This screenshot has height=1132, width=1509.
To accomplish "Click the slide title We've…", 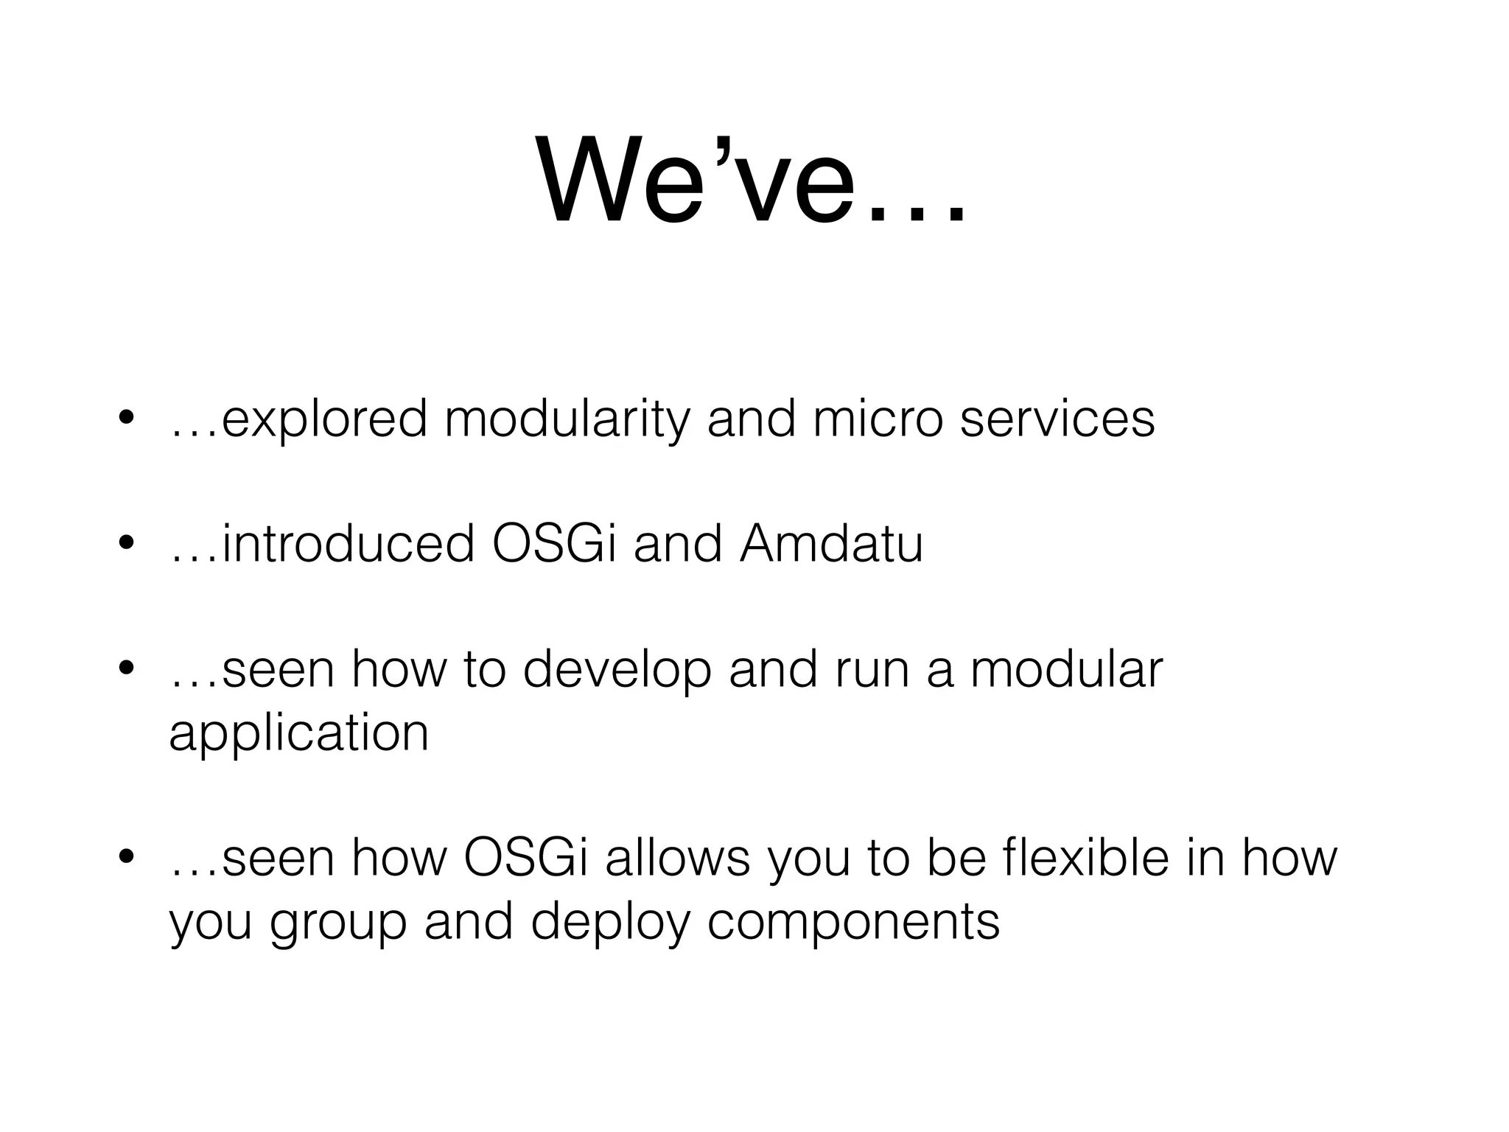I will (752, 181).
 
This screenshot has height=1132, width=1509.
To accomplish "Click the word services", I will (1057, 419).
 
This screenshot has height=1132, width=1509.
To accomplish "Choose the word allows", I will (677, 858).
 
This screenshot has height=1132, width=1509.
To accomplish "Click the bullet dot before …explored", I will (126, 418).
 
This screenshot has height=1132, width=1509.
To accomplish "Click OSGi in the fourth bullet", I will (526, 858).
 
